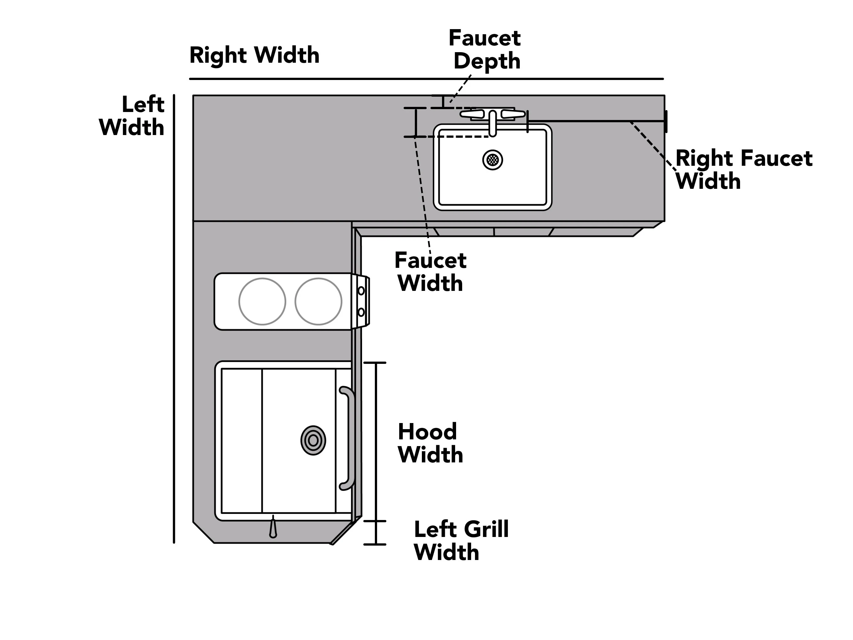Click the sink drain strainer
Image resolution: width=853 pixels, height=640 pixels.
pyautogui.click(x=493, y=159)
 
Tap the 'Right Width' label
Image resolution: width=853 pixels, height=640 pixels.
pyautogui.click(x=255, y=55)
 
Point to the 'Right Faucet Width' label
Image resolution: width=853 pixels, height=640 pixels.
pyautogui.click(x=744, y=169)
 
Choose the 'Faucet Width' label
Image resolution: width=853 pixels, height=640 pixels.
pyautogui.click(x=430, y=272)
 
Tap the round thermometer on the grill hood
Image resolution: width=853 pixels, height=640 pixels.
pyautogui.click(x=313, y=440)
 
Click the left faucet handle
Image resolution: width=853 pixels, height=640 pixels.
pyautogui.click(x=472, y=114)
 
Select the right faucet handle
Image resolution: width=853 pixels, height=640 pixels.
pyautogui.click(x=513, y=114)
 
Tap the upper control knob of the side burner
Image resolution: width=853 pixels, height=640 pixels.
pyautogui.click(x=361, y=291)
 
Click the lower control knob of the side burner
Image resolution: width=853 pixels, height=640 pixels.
pyautogui.click(x=361, y=312)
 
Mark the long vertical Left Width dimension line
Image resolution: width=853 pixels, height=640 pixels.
pyautogui.click(x=174, y=319)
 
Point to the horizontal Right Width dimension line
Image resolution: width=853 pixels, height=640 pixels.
pyautogui.click(x=426, y=79)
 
